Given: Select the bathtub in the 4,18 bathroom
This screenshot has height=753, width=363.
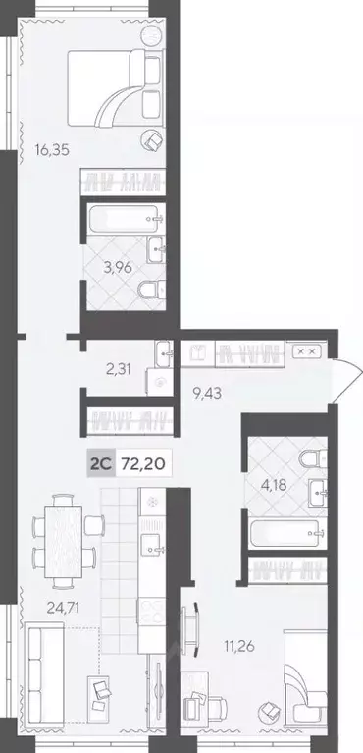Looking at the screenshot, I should [x=285, y=536].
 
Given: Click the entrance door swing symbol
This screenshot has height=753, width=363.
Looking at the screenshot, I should [x=341, y=377].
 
